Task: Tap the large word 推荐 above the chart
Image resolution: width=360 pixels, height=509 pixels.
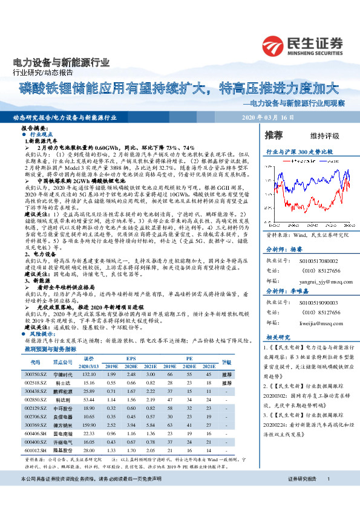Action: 275,134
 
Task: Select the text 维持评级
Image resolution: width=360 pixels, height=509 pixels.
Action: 325,135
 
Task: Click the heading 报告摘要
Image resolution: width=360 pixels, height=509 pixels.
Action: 34,129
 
